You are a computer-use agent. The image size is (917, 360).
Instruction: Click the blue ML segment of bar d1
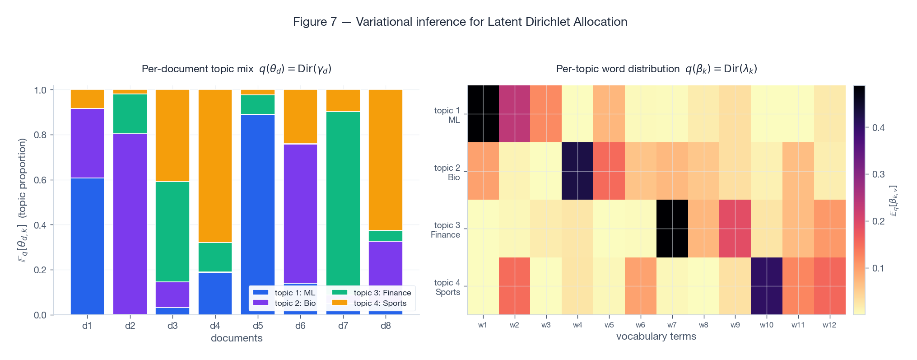87,246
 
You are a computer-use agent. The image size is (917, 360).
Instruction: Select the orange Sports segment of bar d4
215,166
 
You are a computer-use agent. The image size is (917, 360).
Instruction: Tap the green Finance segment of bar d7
343,199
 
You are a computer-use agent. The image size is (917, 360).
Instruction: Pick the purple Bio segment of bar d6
300,213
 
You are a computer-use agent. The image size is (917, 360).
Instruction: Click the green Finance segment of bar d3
172,231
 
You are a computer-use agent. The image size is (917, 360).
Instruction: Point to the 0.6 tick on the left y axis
41,180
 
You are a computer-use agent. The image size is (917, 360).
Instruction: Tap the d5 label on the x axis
258,326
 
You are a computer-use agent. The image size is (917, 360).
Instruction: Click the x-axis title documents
237,338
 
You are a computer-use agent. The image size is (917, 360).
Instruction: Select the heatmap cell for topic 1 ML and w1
483,114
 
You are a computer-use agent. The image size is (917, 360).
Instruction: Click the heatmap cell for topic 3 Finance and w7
672,229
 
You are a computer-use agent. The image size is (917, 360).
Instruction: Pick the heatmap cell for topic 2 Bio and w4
577,171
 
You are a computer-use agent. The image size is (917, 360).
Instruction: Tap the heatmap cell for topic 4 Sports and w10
766,286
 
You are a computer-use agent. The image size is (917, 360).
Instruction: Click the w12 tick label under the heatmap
829,325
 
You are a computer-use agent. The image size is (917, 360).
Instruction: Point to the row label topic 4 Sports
447,287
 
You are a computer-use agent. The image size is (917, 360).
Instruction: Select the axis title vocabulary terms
656,336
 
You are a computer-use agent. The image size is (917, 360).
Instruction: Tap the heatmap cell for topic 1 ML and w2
514,114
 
